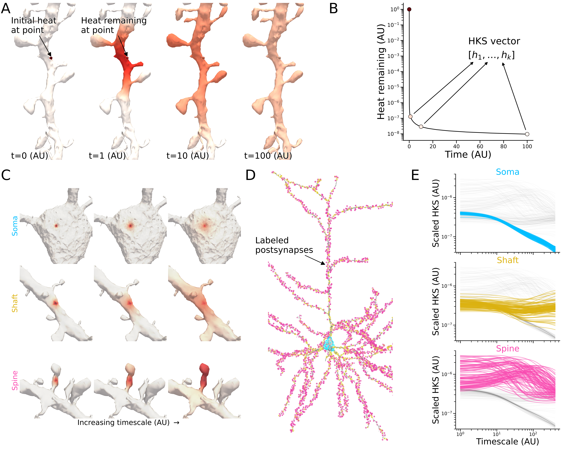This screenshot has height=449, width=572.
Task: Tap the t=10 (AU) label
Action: coord(188,156)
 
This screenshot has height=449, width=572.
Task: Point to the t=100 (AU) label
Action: coord(268,156)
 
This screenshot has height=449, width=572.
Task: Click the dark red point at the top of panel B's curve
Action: coord(409,9)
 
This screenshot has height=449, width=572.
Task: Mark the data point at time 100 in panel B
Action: coord(527,134)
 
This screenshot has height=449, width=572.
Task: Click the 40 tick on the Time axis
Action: coord(456,146)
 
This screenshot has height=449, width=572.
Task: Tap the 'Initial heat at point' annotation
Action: coord(33,25)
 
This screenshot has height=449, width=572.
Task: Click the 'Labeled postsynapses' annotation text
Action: coord(284,245)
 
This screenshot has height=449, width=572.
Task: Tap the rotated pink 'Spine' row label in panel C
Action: coord(15,380)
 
